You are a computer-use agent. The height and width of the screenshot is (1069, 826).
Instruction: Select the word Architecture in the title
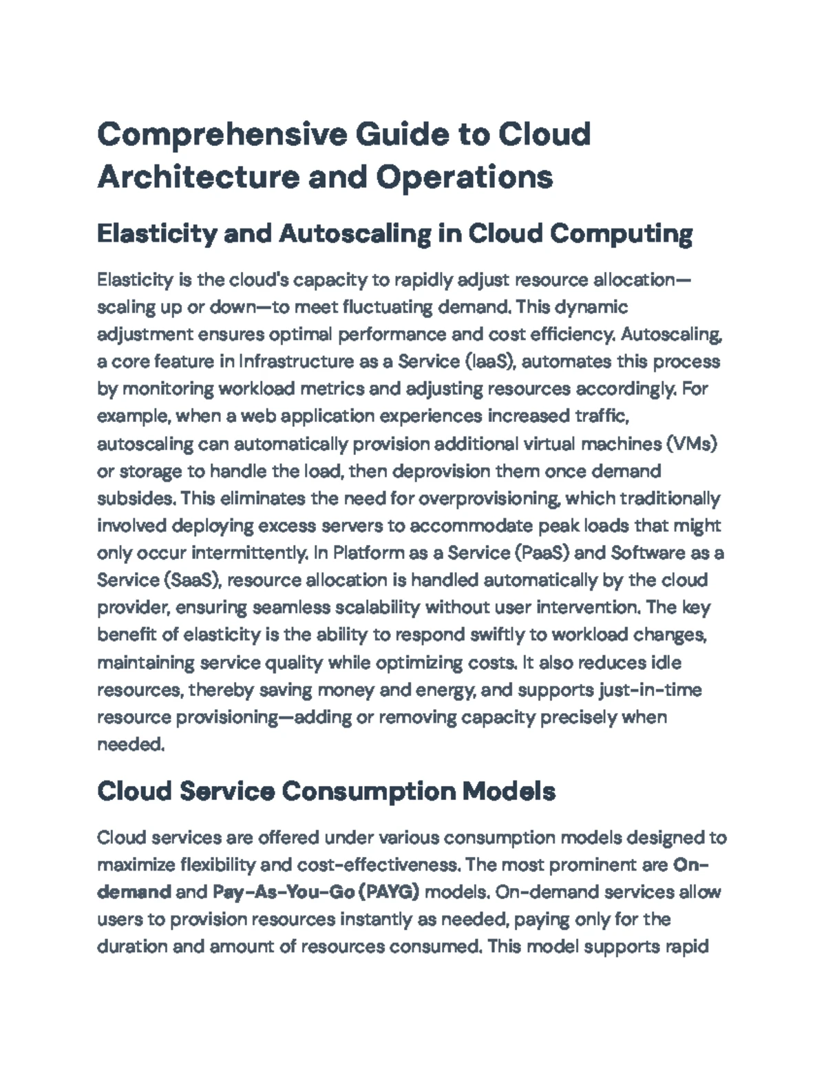tap(198, 177)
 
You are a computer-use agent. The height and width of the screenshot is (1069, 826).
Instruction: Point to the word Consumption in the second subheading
tap(368, 792)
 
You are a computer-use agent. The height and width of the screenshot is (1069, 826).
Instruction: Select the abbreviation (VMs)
tap(692, 444)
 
